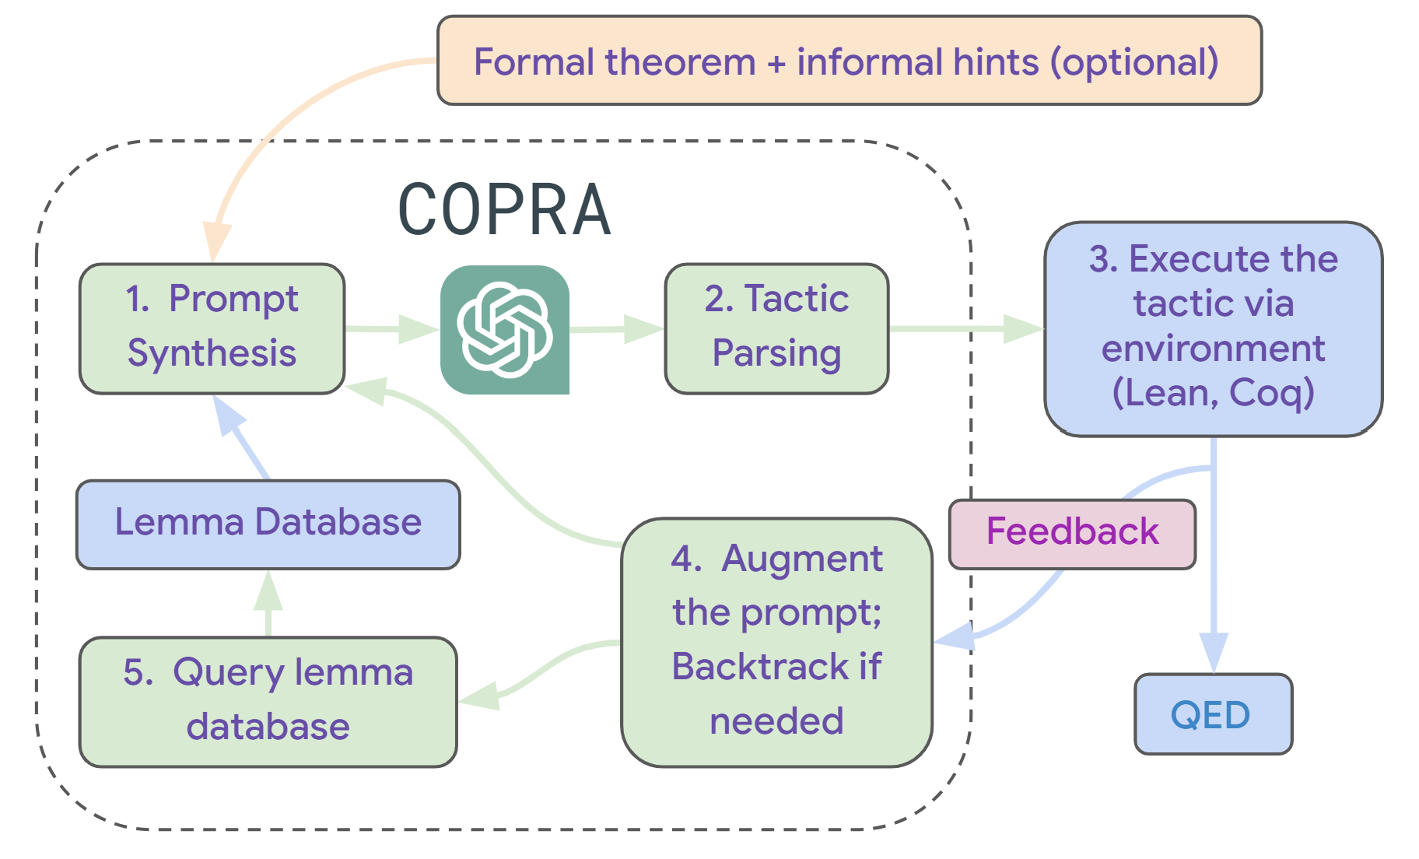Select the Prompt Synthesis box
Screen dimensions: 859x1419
tap(212, 328)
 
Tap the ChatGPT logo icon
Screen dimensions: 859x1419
tap(504, 329)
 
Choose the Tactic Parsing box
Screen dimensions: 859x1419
tap(776, 328)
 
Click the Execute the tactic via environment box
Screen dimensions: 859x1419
tap(1212, 328)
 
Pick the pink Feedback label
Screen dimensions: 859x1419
tap(1072, 533)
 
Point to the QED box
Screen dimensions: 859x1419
tap(1212, 714)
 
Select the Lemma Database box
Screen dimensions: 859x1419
tap(268, 524)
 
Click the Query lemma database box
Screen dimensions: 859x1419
tap(268, 700)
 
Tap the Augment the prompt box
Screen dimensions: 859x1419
tap(776, 641)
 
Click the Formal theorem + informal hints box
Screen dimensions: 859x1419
tap(848, 61)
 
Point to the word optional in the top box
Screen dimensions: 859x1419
tap(1134, 62)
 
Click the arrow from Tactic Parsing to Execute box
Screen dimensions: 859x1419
tap(965, 328)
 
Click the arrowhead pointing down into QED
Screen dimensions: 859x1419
tap(1213, 652)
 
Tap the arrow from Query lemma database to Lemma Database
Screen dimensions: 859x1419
tap(268, 602)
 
